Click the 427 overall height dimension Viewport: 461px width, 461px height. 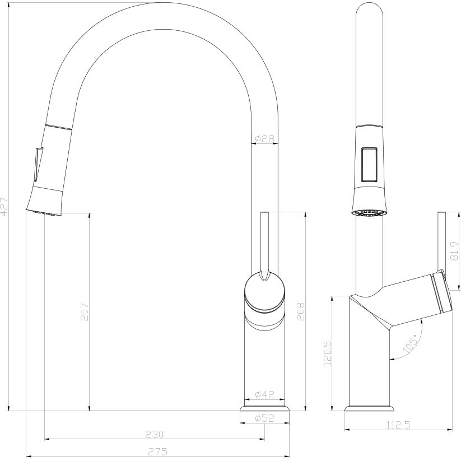pyautogui.click(x=4, y=206)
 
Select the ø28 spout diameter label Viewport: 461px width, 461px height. pyautogui.click(x=264, y=138)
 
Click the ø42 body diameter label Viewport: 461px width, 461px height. pyautogui.click(x=264, y=394)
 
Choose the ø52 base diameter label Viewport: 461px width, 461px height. pyautogui.click(x=264, y=418)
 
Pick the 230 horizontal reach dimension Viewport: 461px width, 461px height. pyautogui.click(x=154, y=434)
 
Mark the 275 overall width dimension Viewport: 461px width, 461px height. pyautogui.click(x=154, y=451)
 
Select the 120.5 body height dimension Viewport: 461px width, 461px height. pyautogui.click(x=328, y=353)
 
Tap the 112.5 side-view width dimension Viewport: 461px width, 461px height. pyautogui.click(x=399, y=425)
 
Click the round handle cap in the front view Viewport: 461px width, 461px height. pyautogui.click(x=265, y=291)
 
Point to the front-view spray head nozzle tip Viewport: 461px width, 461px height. pyautogui.click(x=44, y=212)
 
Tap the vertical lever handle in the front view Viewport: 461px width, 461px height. pyautogui.click(x=266, y=241)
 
